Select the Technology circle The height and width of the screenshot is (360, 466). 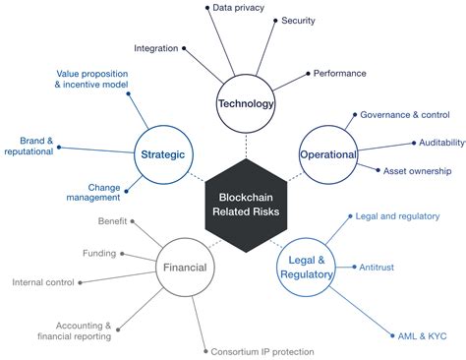pyautogui.click(x=246, y=102)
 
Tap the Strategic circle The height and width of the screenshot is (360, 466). pyautogui.click(x=161, y=153)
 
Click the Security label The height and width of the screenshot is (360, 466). pyautogui.click(x=298, y=21)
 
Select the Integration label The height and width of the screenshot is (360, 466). pyautogui.click(x=155, y=46)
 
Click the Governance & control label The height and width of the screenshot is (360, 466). pyautogui.click(x=404, y=114)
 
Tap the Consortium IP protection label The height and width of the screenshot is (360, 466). pyautogui.click(x=262, y=351)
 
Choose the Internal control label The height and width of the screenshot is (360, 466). pyautogui.click(x=44, y=282)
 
